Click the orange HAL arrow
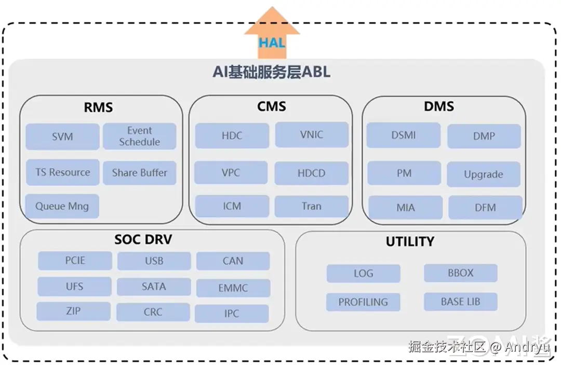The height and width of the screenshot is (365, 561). click(x=272, y=36)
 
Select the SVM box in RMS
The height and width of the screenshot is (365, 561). click(x=62, y=137)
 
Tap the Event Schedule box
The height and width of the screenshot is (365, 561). click(x=139, y=137)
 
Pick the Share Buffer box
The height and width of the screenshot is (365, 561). click(x=139, y=173)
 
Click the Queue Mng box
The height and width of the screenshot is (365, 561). click(x=62, y=206)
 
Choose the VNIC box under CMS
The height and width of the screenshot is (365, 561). click(x=311, y=135)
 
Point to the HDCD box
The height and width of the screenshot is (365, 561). click(x=311, y=173)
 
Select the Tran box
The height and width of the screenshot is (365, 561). click(x=311, y=206)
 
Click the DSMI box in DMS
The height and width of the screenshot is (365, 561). click(x=404, y=136)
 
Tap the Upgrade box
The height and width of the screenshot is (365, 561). click(x=483, y=174)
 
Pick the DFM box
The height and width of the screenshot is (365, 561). click(x=485, y=208)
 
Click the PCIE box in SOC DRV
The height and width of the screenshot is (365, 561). click(x=75, y=261)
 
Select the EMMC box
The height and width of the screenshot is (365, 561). click(x=233, y=288)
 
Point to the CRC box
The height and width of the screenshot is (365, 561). click(x=153, y=312)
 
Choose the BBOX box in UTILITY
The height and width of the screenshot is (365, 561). click(x=460, y=273)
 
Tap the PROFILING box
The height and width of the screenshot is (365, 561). click(x=363, y=302)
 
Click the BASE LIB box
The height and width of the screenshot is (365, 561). click(x=460, y=301)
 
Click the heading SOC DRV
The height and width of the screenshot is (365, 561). click(x=143, y=240)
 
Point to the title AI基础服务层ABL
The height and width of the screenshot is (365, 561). click(x=271, y=72)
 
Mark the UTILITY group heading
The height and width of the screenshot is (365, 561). click(x=410, y=241)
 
